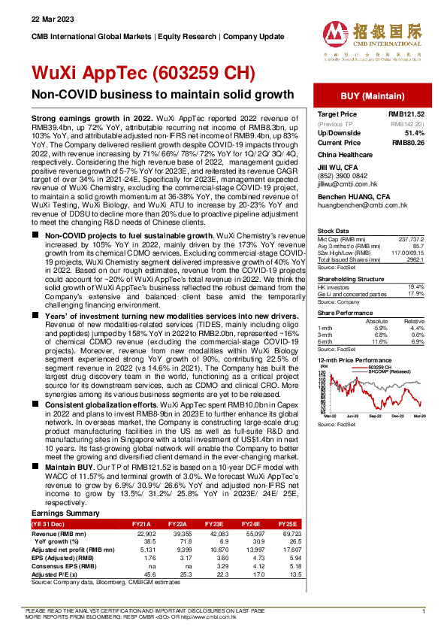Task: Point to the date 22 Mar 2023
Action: (47, 18)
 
